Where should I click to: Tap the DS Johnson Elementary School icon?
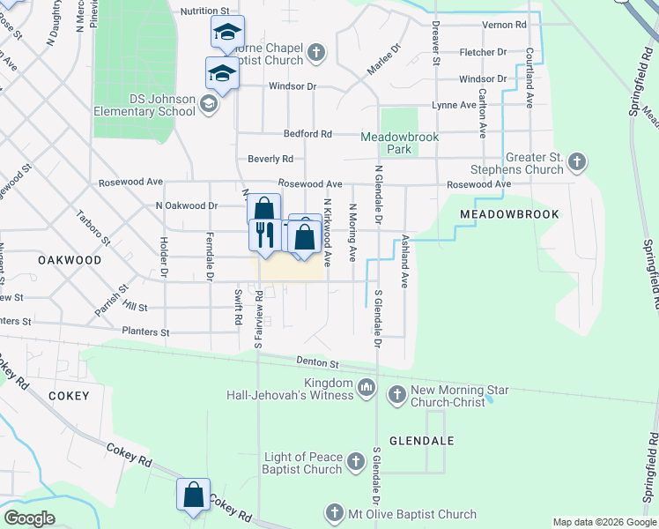pyautogui.click(x=209, y=106)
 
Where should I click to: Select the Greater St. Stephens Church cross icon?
pyautogui.click(x=576, y=162)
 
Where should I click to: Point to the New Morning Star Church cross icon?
pyautogui.click(x=396, y=393)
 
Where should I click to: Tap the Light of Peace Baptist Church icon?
pyautogui.click(x=355, y=461)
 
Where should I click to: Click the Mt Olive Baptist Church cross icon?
pyautogui.click(x=334, y=512)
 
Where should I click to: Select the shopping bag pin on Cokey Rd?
pyautogui.click(x=193, y=495)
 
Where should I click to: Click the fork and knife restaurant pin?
pyautogui.click(x=264, y=234)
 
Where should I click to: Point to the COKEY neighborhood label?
pyautogui.click(x=69, y=396)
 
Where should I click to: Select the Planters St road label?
pyautogui.click(x=145, y=332)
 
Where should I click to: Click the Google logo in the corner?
pyautogui.click(x=30, y=519)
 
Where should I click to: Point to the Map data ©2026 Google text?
pyautogui.click(x=603, y=522)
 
